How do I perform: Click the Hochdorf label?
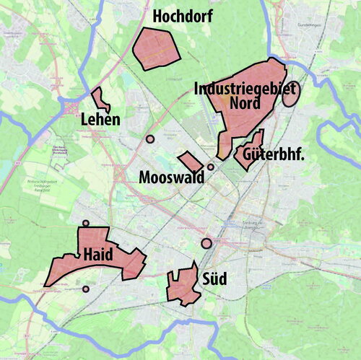[x=183, y=15]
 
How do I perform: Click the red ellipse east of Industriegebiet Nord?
[x=291, y=94]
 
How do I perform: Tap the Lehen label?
[x=100, y=119]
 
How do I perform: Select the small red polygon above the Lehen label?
[x=100, y=99]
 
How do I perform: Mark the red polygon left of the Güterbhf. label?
[x=248, y=151]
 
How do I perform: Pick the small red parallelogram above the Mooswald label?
[x=191, y=162]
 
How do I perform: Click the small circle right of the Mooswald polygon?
[x=211, y=167]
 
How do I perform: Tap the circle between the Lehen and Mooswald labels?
[x=150, y=139]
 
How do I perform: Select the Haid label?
[x=97, y=254]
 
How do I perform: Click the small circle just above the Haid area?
[x=86, y=224]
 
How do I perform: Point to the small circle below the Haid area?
[x=86, y=289]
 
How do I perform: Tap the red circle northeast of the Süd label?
[x=206, y=243]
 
